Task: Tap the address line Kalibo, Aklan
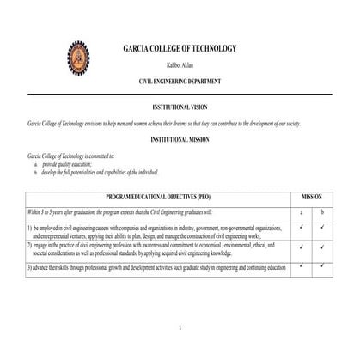(180, 64)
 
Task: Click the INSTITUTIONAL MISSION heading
(180, 138)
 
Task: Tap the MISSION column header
(312, 197)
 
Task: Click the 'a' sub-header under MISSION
(302, 211)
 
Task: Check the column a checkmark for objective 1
(302, 228)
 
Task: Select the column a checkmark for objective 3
(302, 265)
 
